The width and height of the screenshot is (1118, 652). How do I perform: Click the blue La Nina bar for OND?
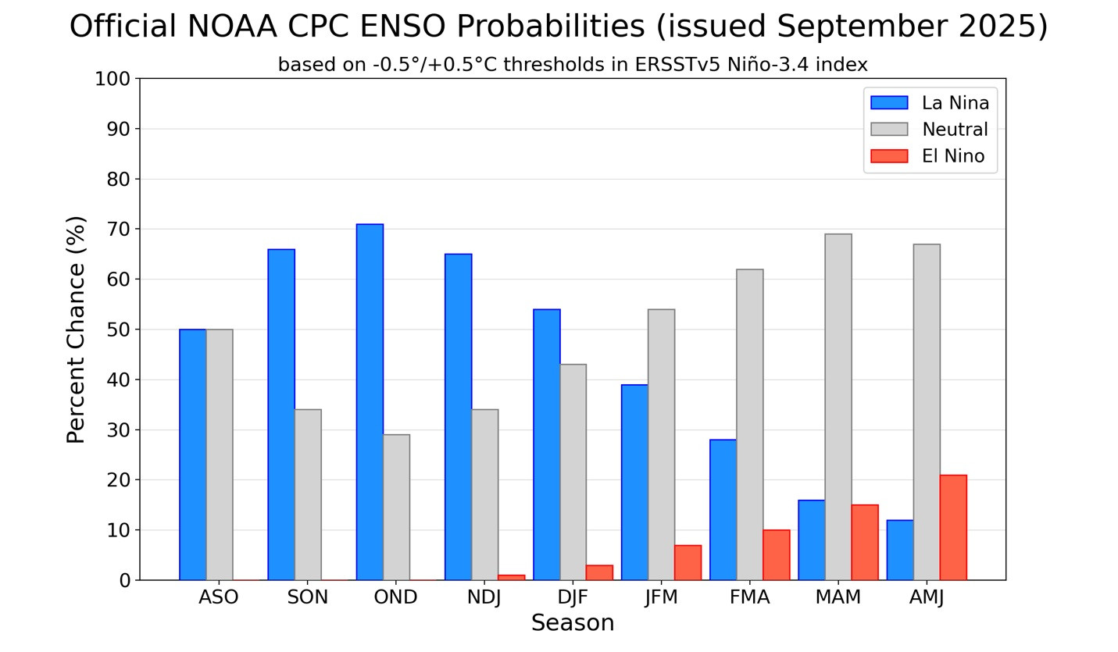tap(370, 402)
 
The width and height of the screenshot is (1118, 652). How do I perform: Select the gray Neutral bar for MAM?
tap(838, 407)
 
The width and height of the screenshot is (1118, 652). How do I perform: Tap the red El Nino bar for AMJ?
tap(953, 527)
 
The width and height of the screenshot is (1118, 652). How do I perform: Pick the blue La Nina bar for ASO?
tap(193, 454)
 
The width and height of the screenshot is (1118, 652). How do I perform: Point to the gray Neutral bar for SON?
tap(308, 494)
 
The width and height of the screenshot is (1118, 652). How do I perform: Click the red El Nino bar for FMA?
tap(776, 555)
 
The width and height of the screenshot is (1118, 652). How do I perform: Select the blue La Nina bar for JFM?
tap(635, 482)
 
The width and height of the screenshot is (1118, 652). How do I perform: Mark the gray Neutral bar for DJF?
tap(573, 472)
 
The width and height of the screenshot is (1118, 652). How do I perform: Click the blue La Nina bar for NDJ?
tap(459, 417)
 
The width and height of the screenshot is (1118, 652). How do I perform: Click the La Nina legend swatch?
tap(889, 103)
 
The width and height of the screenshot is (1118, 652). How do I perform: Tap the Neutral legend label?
tap(955, 130)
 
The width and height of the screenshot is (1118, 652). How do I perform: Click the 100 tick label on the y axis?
tap(113, 79)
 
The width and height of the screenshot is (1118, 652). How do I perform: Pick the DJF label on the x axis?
tap(573, 597)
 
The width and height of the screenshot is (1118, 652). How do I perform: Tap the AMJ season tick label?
tap(927, 597)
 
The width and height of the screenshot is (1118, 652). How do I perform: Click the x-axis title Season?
tap(573, 623)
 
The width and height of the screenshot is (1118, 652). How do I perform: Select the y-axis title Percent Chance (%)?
tap(76, 330)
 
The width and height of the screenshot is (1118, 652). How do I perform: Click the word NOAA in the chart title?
tap(232, 27)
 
